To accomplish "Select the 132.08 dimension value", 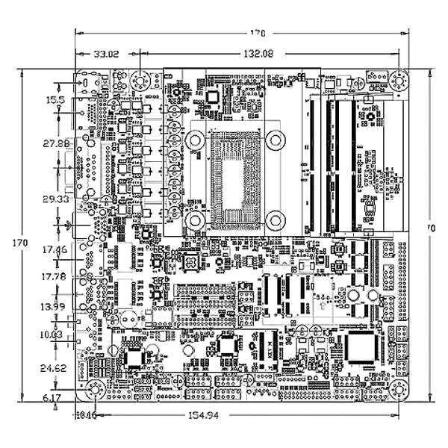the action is point(259,54).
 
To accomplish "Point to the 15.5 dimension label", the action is point(56,99).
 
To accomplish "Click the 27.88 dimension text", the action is point(56,143).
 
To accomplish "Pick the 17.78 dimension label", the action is point(54,276).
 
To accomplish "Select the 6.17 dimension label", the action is point(52,398).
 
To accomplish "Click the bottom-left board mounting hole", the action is point(95,389).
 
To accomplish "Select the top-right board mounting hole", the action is point(398,80).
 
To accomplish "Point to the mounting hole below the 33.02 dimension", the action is point(140,81).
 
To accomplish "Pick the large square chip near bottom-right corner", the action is point(364,348).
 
